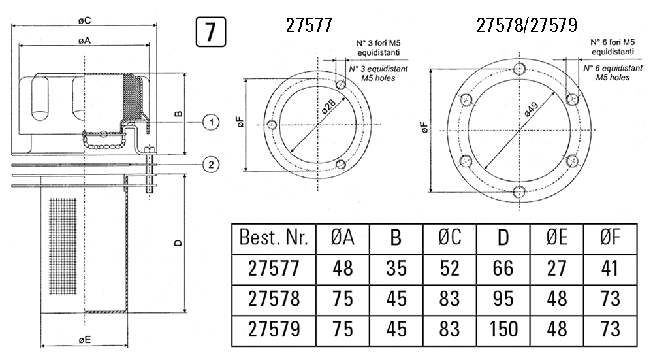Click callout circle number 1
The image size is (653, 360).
(x=210, y=122)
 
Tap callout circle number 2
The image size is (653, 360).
(x=210, y=164)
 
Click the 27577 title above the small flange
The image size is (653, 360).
(x=310, y=25)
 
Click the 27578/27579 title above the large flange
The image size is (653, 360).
(x=527, y=25)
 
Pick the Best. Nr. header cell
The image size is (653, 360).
(x=274, y=238)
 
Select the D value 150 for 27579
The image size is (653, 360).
(x=502, y=328)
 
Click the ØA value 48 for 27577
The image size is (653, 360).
(x=342, y=268)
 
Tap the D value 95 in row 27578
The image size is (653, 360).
(x=502, y=298)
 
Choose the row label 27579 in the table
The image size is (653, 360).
(x=274, y=328)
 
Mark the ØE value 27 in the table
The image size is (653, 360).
(x=556, y=268)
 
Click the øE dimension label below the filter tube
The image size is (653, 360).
(x=83, y=340)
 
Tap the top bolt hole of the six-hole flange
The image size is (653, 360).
(x=520, y=69)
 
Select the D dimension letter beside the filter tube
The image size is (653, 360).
(x=178, y=243)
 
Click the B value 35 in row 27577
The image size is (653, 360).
(x=396, y=268)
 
